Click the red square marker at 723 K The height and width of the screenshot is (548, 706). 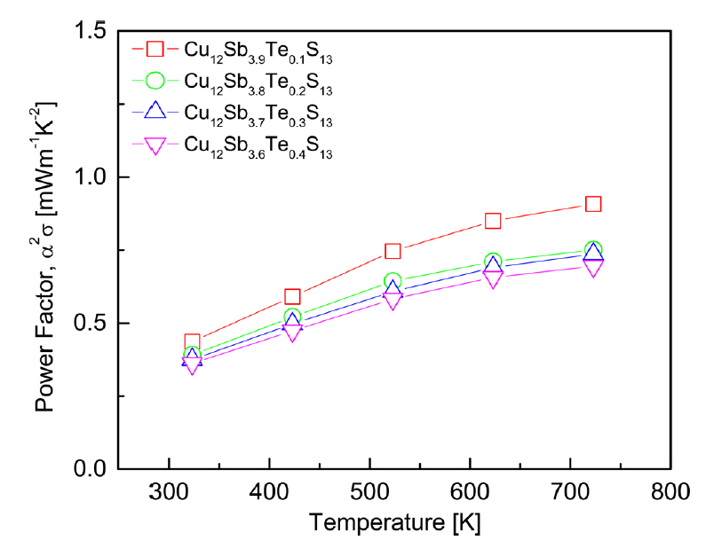click(x=593, y=204)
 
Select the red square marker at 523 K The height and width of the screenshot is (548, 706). click(x=393, y=251)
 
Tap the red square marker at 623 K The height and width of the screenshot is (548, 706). click(x=493, y=221)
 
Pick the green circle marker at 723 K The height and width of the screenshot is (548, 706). click(x=593, y=250)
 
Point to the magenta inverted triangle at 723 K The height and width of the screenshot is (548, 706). click(x=593, y=267)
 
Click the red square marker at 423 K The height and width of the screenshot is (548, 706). click(x=292, y=296)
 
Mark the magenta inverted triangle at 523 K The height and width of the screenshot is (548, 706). click(x=393, y=301)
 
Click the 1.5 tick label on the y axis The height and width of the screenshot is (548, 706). click(x=90, y=31)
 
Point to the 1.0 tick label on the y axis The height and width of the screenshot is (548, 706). click(x=90, y=177)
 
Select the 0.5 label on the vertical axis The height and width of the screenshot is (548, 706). click(x=90, y=323)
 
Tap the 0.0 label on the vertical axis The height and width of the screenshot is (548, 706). click(x=90, y=468)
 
